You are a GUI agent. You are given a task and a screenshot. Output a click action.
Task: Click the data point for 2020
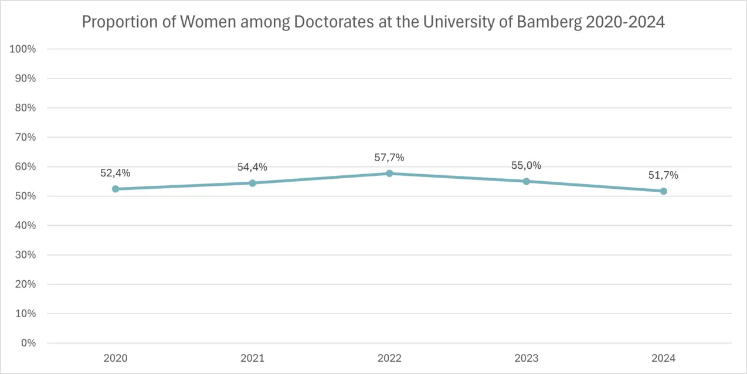pyautogui.click(x=116, y=189)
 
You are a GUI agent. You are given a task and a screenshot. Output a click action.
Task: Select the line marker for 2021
pyautogui.click(x=253, y=183)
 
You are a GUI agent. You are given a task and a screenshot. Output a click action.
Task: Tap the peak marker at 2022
pyautogui.click(x=389, y=174)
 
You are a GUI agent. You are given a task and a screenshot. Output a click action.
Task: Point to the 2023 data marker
pyautogui.click(x=527, y=181)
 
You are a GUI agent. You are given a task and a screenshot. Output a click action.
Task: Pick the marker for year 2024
pyautogui.click(x=664, y=191)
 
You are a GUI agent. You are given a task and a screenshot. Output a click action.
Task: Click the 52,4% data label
pyautogui.click(x=116, y=173)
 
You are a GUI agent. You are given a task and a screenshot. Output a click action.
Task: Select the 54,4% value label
pyautogui.click(x=253, y=167)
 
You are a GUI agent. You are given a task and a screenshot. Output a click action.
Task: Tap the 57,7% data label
pyautogui.click(x=389, y=158)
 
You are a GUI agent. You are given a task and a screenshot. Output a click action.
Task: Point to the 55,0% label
pyautogui.click(x=527, y=165)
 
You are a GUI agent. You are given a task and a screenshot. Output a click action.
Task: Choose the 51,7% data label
pyautogui.click(x=664, y=175)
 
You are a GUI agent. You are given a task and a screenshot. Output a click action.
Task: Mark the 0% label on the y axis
pyautogui.click(x=28, y=343)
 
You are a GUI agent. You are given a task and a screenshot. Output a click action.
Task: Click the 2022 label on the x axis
pyautogui.click(x=389, y=358)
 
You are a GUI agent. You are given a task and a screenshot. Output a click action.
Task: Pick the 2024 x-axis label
pyautogui.click(x=664, y=358)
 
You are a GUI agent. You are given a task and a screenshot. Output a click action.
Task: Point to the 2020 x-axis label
pyautogui.click(x=116, y=358)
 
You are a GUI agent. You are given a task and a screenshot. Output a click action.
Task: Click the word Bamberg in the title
pyautogui.click(x=549, y=22)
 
